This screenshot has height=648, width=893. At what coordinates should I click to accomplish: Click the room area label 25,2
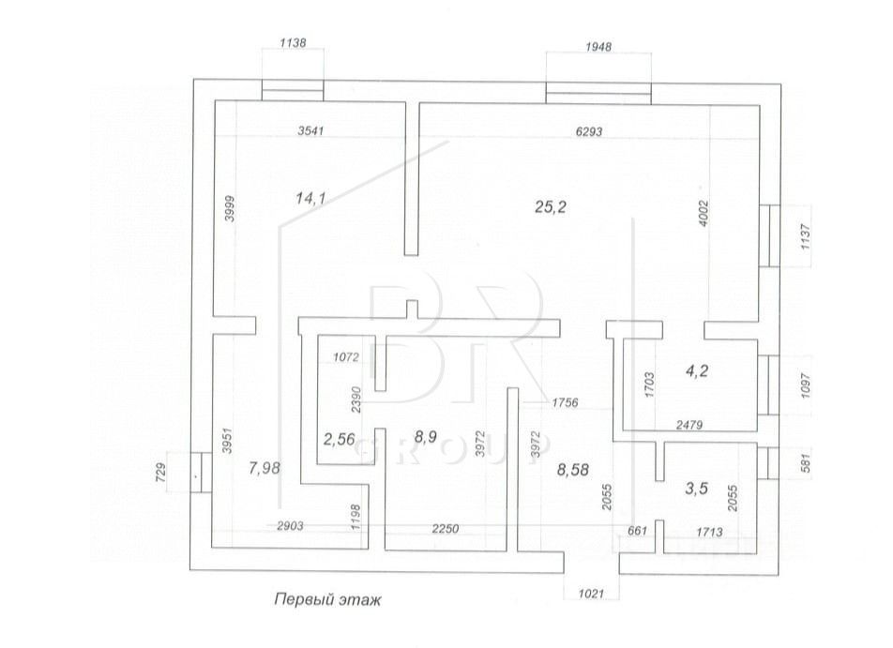[551, 206]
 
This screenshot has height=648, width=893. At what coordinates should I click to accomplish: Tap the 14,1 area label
[311, 198]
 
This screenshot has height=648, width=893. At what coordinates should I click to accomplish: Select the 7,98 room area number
[265, 468]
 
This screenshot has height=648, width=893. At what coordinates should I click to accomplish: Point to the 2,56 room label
[339, 440]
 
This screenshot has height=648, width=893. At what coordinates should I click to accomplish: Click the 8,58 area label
[573, 471]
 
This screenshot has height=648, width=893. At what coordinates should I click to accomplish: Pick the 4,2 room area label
[697, 371]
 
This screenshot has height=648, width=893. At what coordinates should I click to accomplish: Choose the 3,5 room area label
[697, 489]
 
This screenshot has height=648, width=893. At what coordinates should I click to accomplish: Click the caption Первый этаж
[327, 599]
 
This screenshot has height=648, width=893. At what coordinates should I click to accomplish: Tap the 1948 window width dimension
[598, 47]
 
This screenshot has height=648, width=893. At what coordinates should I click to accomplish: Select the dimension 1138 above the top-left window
[294, 42]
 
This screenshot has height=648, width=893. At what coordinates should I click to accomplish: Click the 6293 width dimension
[589, 131]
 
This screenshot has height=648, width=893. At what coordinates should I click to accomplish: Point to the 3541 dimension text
[310, 130]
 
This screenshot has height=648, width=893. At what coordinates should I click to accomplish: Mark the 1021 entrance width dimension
[591, 594]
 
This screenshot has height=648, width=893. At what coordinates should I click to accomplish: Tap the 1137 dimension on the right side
[805, 236]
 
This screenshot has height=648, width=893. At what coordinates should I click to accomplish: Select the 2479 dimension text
[689, 424]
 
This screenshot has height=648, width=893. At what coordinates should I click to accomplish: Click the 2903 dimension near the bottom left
[290, 526]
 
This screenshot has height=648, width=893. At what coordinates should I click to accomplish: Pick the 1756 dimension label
[565, 402]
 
